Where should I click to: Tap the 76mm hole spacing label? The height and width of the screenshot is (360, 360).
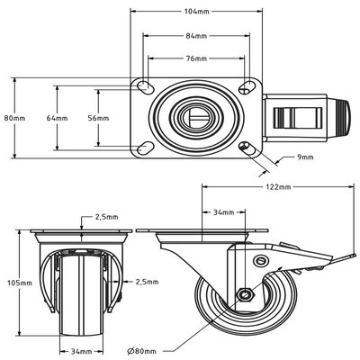click(195, 59)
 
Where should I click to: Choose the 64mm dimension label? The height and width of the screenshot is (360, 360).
click(57, 118)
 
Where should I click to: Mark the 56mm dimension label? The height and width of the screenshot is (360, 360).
click(97, 118)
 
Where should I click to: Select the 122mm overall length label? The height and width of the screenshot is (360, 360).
click(278, 187)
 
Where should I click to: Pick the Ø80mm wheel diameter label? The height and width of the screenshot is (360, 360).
click(143, 350)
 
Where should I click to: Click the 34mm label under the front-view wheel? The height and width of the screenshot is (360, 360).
click(82, 350)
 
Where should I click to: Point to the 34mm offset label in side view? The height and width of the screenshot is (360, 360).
click(223, 213)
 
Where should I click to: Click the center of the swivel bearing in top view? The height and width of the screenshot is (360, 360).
click(195, 117)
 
